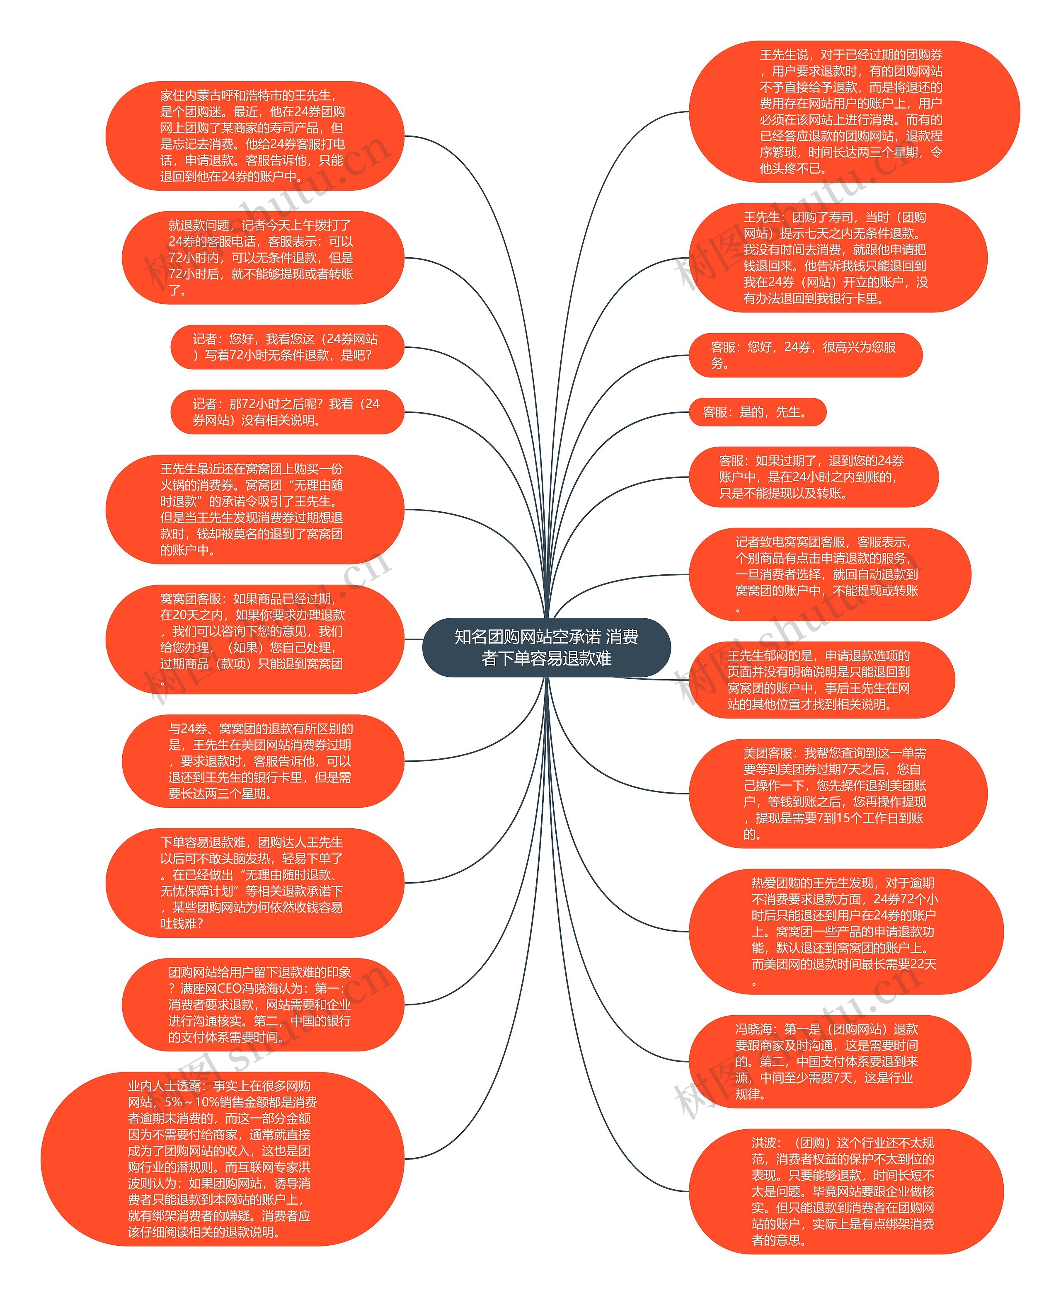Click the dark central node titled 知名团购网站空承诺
point(546,647)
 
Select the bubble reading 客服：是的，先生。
point(757,412)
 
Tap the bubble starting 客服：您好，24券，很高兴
point(804,355)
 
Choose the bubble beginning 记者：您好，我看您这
point(287,347)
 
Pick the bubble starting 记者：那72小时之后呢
point(287,412)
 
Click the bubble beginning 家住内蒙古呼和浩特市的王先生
point(254,136)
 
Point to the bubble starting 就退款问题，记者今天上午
point(263,258)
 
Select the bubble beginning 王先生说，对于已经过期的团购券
point(853,112)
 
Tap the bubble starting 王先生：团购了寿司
point(837,258)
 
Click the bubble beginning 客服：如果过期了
point(813,477)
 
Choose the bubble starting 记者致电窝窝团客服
point(829,574)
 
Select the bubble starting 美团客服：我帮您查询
point(837,793)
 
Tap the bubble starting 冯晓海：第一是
point(829,1062)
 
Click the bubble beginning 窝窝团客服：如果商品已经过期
point(254,639)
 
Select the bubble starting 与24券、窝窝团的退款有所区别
point(263,761)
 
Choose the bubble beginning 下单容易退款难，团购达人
point(254,883)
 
